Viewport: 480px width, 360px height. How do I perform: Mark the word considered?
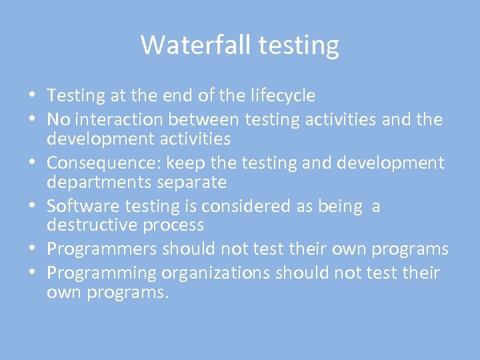tap(247, 207)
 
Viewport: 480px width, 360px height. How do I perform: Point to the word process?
tap(171, 225)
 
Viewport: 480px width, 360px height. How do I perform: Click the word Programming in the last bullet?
tap(100, 273)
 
